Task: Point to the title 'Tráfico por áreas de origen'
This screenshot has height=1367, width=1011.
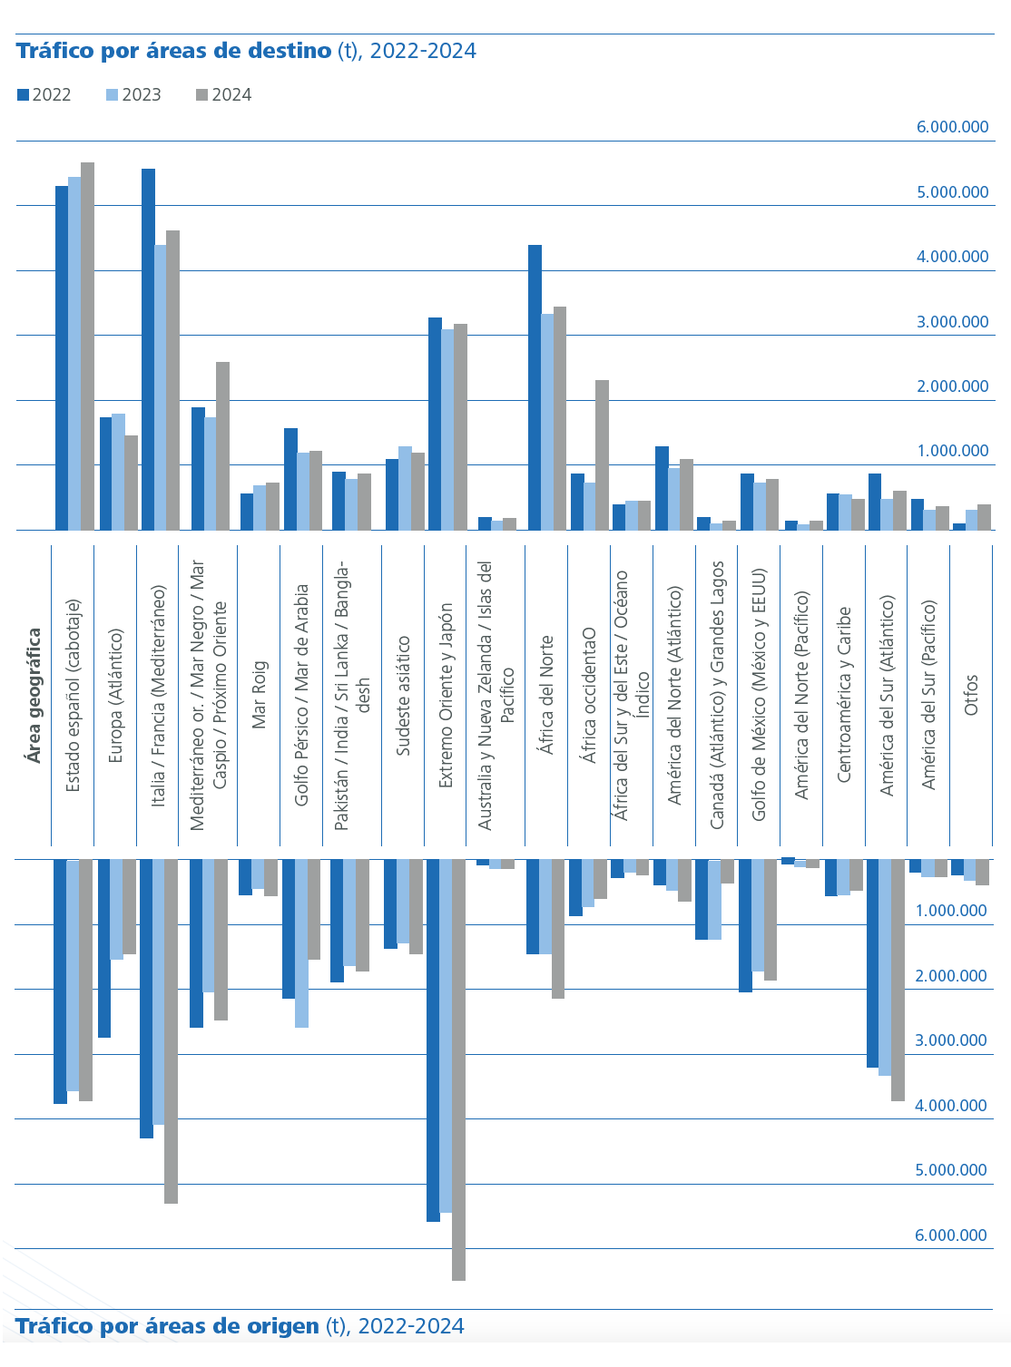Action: [168, 1326]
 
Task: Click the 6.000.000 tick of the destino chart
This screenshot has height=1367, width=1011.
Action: [952, 127]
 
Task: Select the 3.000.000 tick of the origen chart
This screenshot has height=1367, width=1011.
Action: [950, 1040]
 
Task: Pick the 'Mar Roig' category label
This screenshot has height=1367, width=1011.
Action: [260, 694]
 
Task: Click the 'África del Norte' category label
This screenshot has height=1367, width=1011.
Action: [546, 694]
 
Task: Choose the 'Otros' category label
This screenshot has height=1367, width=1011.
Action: [971, 694]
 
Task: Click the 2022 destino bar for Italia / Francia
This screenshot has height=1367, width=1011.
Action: [148, 349]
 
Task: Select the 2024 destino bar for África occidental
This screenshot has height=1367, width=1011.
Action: [602, 454]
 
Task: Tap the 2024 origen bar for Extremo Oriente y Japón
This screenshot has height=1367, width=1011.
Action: [458, 1069]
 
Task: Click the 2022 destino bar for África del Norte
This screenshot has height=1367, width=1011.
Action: [535, 387]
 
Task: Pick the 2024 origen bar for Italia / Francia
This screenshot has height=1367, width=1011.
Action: [171, 1031]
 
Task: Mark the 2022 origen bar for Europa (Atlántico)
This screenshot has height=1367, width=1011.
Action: [104, 948]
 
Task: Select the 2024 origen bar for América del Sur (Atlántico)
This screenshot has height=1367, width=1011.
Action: [898, 980]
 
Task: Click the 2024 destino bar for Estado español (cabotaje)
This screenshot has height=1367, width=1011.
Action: [87, 346]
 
